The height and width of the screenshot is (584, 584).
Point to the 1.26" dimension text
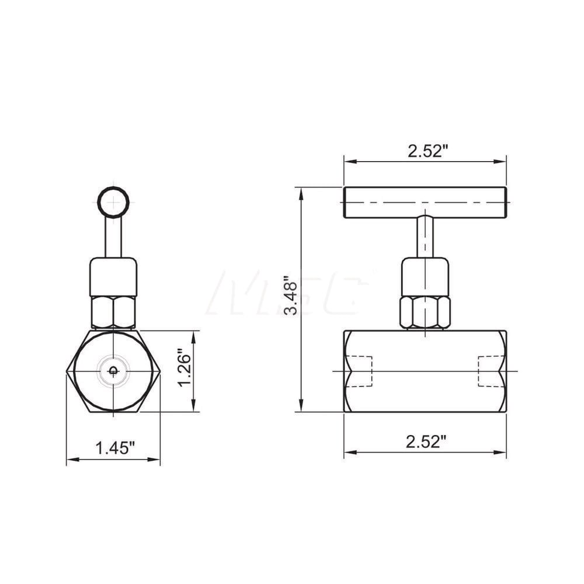[185, 369]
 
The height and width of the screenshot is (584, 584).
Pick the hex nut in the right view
[425, 312]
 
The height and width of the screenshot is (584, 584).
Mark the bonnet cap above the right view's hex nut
[425, 277]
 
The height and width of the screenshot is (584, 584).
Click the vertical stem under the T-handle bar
[425, 237]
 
